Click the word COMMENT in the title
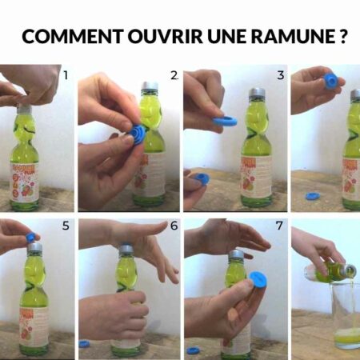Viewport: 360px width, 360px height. (73, 36)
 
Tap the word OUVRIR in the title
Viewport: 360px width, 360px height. (166, 36)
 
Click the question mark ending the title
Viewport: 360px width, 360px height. (343, 36)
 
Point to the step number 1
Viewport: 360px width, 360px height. (66, 75)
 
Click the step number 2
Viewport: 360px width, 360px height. (174, 75)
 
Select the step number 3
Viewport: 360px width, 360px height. (281, 75)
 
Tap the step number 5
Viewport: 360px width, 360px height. (66, 226)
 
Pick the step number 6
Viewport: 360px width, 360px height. (174, 226)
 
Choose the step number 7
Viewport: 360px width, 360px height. (279, 226)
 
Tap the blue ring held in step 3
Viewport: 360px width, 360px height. (225, 122)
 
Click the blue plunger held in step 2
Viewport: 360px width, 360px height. (138, 134)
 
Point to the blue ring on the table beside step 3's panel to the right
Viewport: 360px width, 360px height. (311, 196)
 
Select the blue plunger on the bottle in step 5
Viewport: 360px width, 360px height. (31, 237)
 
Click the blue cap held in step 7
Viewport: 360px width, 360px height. (258, 280)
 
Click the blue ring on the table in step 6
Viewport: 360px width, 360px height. (83, 344)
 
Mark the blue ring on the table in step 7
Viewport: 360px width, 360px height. (193, 350)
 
